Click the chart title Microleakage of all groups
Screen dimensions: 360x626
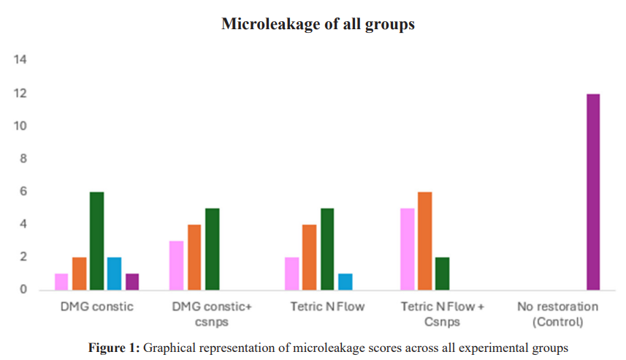pyautogui.click(x=318, y=24)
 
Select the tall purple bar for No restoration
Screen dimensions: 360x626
pyautogui.click(x=592, y=192)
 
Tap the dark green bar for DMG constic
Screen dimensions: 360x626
pyautogui.click(x=96, y=241)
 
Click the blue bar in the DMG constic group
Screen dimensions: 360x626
pyautogui.click(x=114, y=274)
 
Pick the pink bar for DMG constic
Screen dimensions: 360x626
pyautogui.click(x=61, y=282)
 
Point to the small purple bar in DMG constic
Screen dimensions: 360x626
pyautogui.click(x=131, y=282)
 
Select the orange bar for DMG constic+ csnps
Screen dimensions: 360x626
pyautogui.click(x=194, y=257)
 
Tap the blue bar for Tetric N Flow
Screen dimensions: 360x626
pyautogui.click(x=345, y=282)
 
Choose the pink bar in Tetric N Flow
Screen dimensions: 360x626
pyautogui.click(x=292, y=274)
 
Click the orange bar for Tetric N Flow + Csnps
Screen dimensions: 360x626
pyautogui.click(x=425, y=241)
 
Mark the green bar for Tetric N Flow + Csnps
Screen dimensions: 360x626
pyautogui.click(x=443, y=274)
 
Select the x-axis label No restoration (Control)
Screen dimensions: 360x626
pyautogui.click(x=557, y=314)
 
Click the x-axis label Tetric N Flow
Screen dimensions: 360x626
pyautogui.click(x=327, y=307)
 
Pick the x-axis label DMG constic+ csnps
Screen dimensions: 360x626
pyautogui.click(x=211, y=314)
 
